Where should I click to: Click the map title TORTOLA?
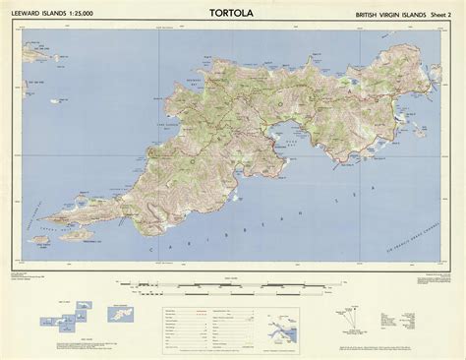pyautogui.click(x=233, y=14)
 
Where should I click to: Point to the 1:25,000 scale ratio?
pyautogui.click(x=91, y=16)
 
